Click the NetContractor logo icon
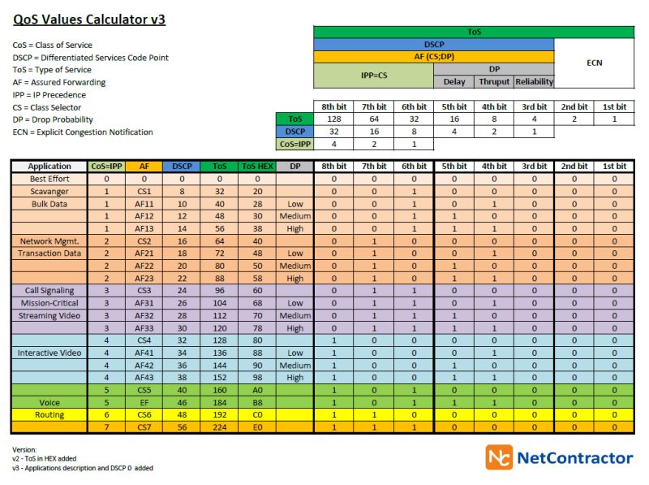pyautogui.click(x=499, y=457)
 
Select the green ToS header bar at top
pyautogui.click(x=474, y=32)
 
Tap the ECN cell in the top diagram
pyautogui.click(x=594, y=63)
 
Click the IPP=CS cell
pyautogui.click(x=374, y=76)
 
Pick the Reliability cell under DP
pyautogui.click(x=534, y=82)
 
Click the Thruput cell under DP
pyautogui.click(x=494, y=82)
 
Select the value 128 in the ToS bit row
pyautogui.click(x=333, y=119)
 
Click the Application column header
pyautogui.click(x=49, y=167)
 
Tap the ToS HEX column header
pyautogui.click(x=257, y=167)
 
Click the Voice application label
pyautogui.click(x=49, y=402)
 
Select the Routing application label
pyautogui.click(x=49, y=414)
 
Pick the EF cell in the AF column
pyautogui.click(x=144, y=402)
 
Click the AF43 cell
pyautogui.click(x=144, y=378)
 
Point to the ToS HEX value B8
pyautogui.click(x=257, y=402)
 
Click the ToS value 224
pyautogui.click(x=219, y=427)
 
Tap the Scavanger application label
pyautogui.click(x=49, y=191)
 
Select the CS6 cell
pyautogui.click(x=144, y=414)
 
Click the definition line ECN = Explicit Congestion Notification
pyautogui.click(x=83, y=132)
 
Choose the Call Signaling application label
pyautogui.click(x=49, y=290)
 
